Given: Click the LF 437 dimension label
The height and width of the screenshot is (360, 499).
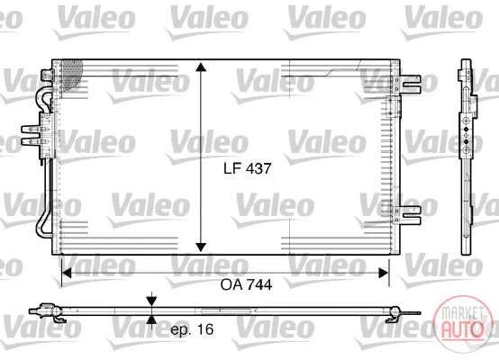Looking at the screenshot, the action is pyautogui.click(x=248, y=168).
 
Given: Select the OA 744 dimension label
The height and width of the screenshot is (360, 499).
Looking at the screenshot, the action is pyautogui.click(x=246, y=284).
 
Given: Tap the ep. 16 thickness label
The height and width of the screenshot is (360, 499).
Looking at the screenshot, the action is pyautogui.click(x=192, y=329).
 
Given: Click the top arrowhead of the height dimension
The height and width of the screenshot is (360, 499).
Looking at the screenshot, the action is pyautogui.click(x=201, y=67).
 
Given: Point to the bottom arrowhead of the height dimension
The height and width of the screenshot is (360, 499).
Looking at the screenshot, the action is pyautogui.click(x=201, y=247).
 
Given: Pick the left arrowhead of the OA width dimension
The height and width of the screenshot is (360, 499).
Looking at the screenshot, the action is pyautogui.click(x=66, y=273).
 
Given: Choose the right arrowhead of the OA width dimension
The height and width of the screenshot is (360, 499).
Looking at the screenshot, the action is pyautogui.click(x=384, y=273).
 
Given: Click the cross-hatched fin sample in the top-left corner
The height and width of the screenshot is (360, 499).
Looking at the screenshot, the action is pyautogui.click(x=71, y=74).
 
